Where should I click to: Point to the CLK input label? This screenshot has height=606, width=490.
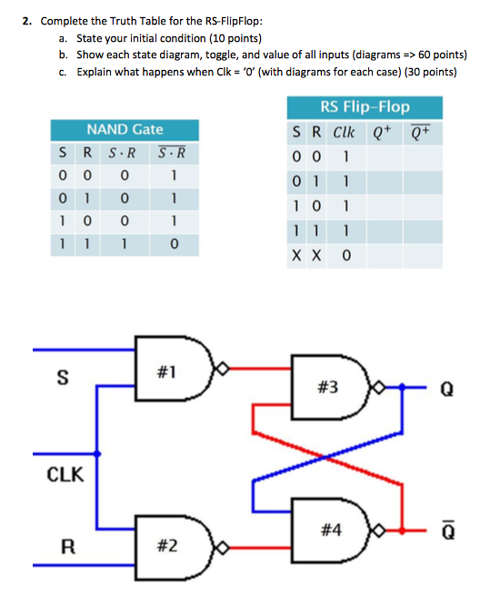(x=64, y=473)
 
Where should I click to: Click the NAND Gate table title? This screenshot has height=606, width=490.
(x=125, y=130)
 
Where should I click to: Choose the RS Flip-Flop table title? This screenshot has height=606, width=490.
(x=365, y=107)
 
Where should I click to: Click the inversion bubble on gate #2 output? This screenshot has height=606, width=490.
(x=215, y=547)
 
